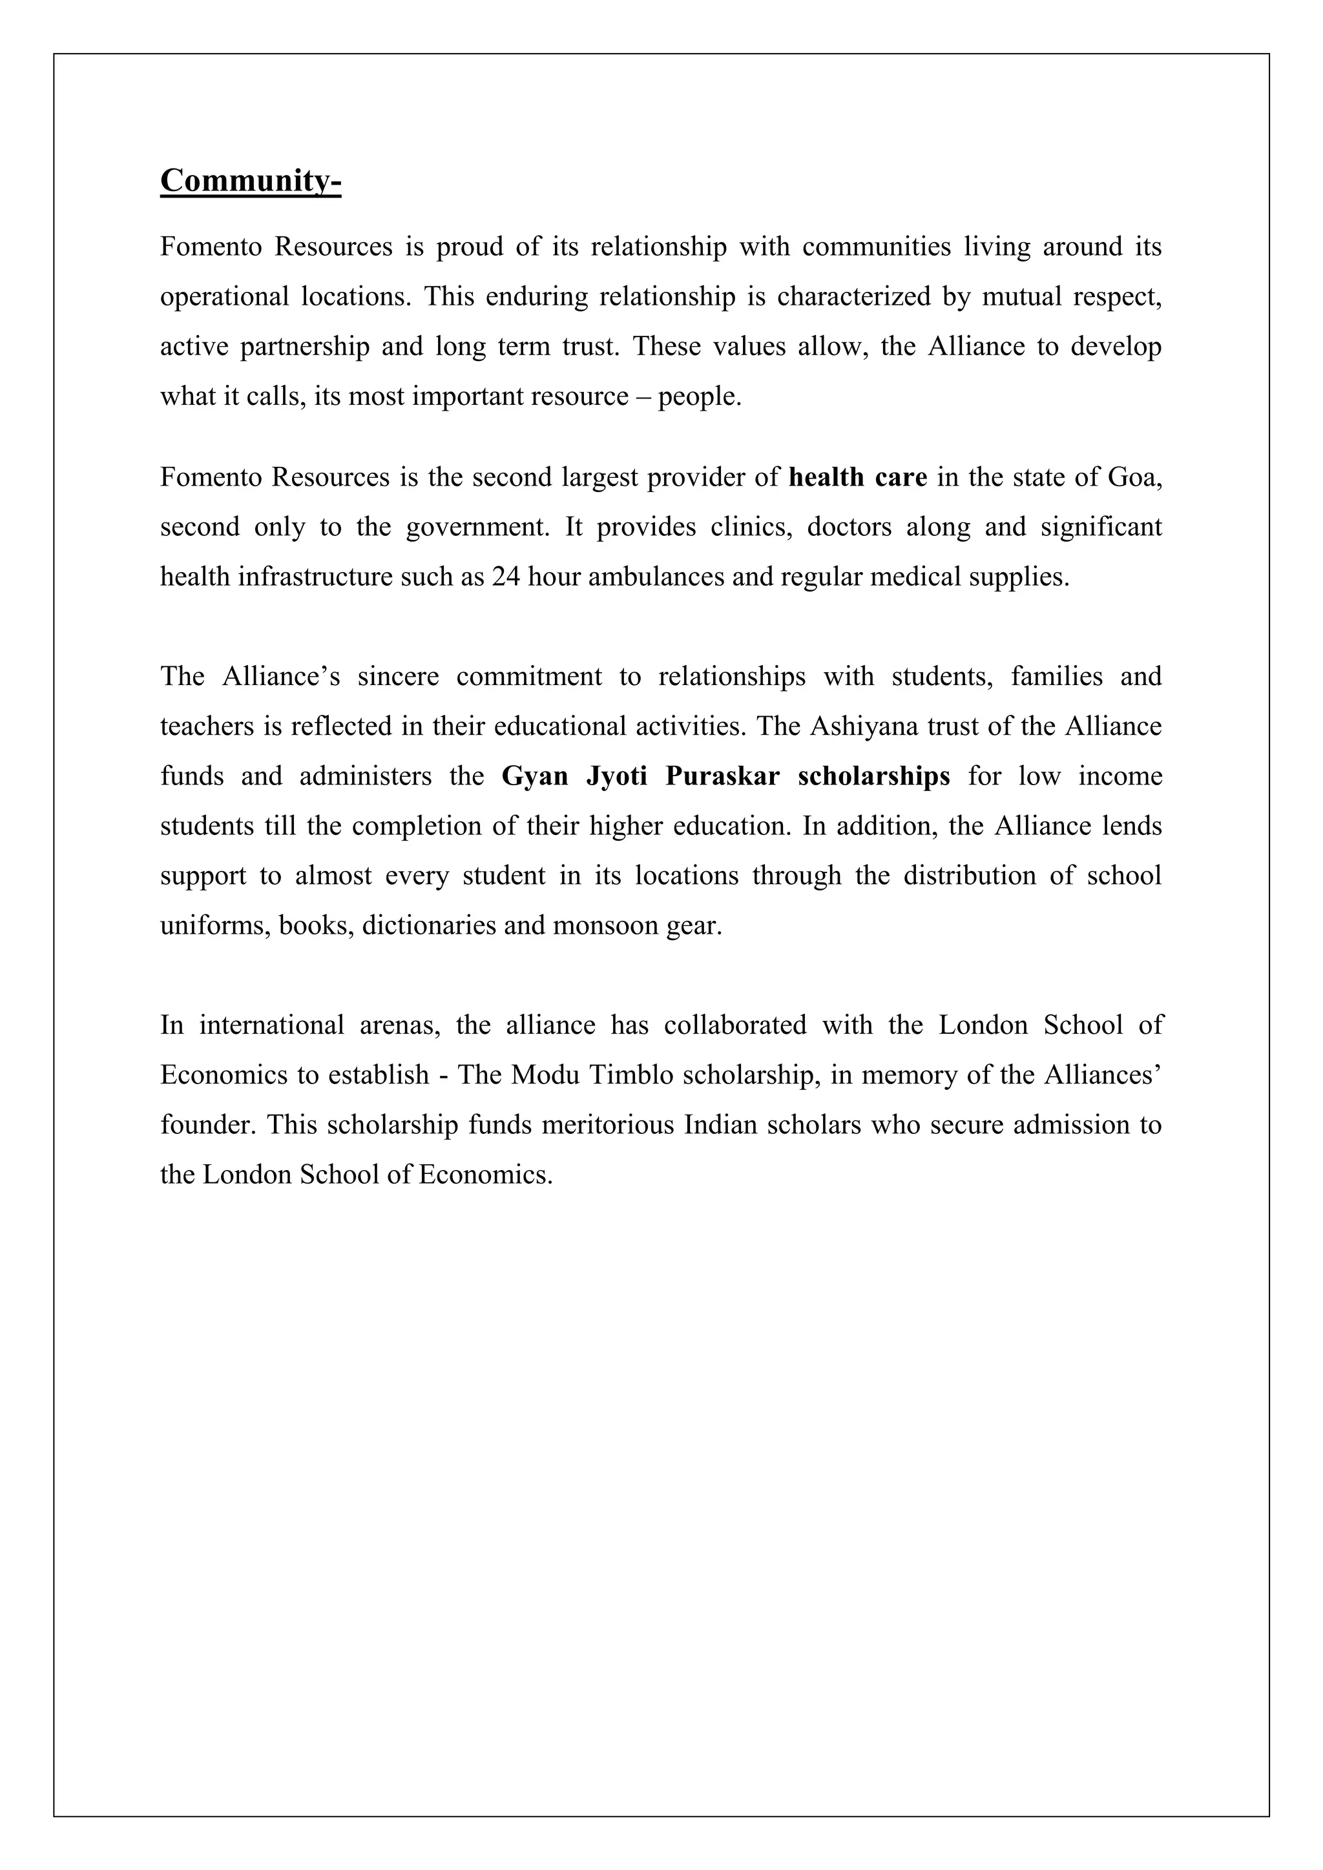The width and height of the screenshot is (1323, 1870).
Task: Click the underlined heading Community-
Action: point(250,181)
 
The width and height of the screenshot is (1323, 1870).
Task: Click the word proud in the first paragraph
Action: point(469,247)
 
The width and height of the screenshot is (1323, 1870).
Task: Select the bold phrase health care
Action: point(858,477)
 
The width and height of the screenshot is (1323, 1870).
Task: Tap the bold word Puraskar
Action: point(722,776)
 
